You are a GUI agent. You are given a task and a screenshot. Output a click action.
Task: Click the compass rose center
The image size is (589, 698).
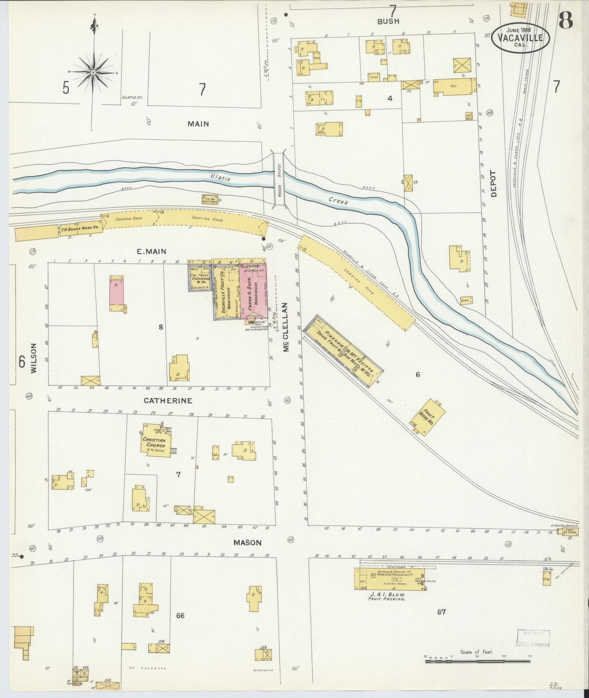click(x=93, y=72)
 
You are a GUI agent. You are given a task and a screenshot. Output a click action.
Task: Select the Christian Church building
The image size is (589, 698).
click(x=156, y=441)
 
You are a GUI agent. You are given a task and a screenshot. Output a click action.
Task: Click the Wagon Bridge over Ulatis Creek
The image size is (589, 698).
click(x=280, y=180)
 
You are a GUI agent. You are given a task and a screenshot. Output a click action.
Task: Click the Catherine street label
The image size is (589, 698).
click(x=168, y=401)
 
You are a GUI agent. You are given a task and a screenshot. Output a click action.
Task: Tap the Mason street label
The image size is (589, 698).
click(x=247, y=543)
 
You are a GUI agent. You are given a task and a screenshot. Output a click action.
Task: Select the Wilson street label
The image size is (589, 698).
click(x=33, y=358)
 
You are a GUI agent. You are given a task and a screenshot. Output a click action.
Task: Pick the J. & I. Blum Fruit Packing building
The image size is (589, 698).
click(x=389, y=579)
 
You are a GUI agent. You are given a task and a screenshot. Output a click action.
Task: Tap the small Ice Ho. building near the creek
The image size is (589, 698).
click(x=209, y=200)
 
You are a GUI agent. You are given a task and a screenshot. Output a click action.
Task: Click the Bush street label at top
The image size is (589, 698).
click(x=388, y=21)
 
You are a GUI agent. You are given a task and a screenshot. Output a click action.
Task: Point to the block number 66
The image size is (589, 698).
click(x=180, y=615)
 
